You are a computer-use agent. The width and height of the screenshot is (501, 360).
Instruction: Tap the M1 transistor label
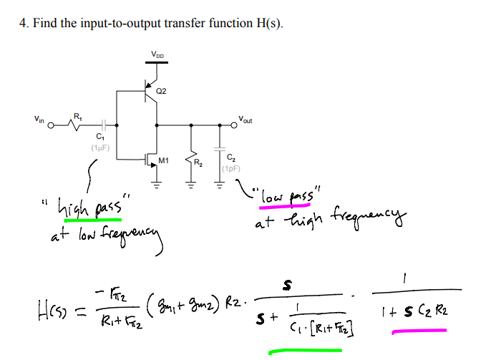click(164, 161)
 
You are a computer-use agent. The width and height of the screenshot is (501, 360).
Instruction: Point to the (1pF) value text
click(230, 170)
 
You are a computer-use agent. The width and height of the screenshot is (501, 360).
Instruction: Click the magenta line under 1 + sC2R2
click(420, 331)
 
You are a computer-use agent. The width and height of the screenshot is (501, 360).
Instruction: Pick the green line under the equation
click(304, 351)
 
